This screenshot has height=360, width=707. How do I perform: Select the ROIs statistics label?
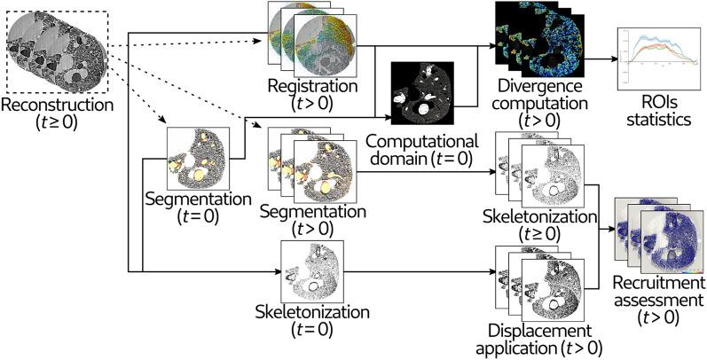pos(656,111)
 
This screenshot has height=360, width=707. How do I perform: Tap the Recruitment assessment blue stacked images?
pos(657,234)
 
